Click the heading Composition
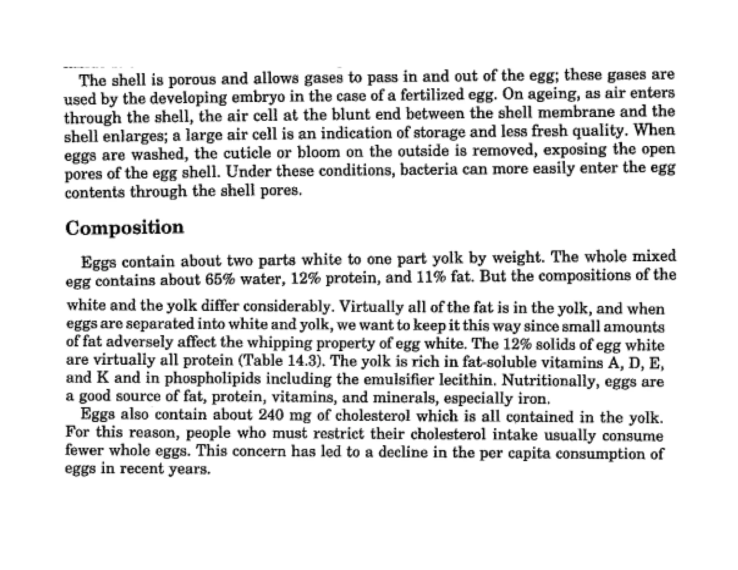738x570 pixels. tap(124, 228)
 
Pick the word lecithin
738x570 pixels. tap(467, 380)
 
